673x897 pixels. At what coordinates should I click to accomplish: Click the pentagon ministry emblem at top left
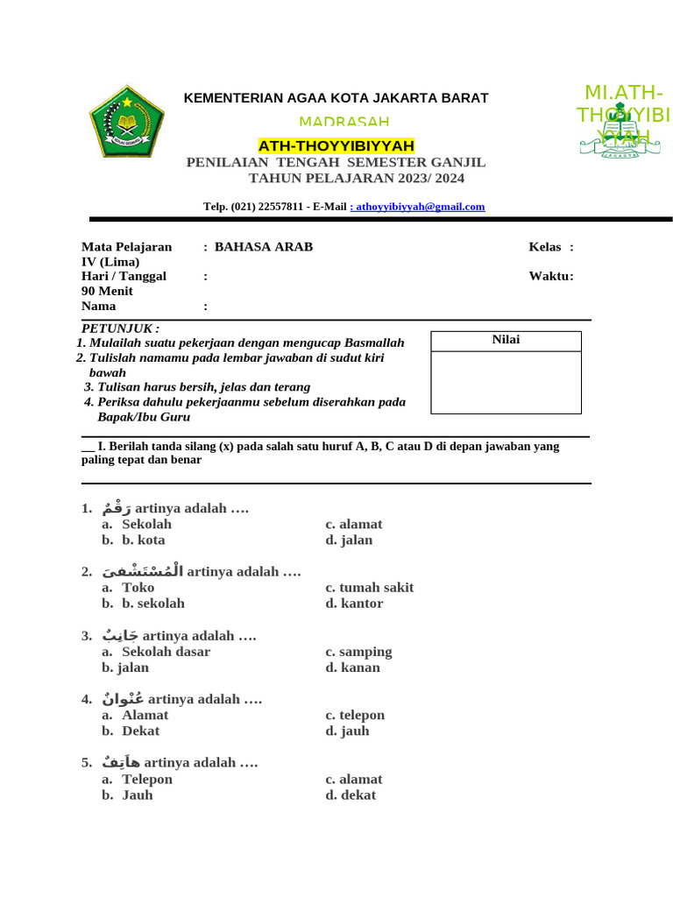[x=127, y=121]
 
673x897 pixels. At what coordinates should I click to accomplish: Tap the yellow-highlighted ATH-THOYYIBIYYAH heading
[x=336, y=145]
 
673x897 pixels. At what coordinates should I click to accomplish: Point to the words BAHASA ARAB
[x=264, y=247]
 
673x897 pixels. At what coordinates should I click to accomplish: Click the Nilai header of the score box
[x=506, y=340]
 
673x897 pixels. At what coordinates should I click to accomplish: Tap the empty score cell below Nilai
[x=506, y=382]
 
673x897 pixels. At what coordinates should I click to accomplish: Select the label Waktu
[x=550, y=276]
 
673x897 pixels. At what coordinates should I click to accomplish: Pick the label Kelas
[x=545, y=247]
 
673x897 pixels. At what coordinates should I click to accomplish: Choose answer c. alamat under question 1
[x=354, y=525]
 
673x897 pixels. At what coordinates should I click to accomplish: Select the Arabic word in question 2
[x=142, y=571]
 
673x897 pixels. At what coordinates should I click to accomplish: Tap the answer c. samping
[x=358, y=652]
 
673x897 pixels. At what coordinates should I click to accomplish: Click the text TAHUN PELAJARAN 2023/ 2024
[x=357, y=179]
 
